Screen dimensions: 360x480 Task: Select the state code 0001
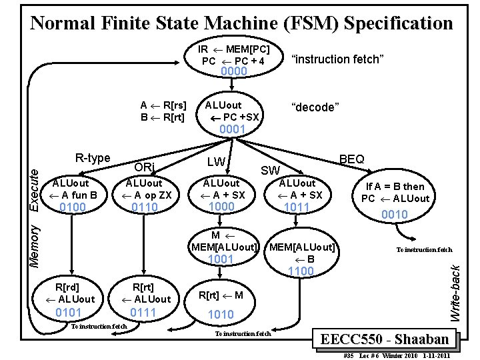pos(233,129)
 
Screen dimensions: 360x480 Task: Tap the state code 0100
pos(73,208)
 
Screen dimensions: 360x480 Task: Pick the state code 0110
pos(145,208)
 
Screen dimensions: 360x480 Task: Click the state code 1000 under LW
pos(221,207)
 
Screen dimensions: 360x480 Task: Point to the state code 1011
pos(297,208)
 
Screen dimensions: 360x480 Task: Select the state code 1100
pos(301,271)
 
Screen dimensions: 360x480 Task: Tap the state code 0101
pos(69,312)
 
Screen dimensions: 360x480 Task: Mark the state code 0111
pos(143,312)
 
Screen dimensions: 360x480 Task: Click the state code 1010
pos(221,314)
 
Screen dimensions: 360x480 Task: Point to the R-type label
pos(93,158)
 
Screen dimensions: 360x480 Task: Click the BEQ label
pos(351,159)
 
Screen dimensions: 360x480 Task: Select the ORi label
pos(145,166)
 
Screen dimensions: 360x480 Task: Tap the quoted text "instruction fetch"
pos(337,59)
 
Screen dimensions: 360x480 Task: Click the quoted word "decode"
pos(316,107)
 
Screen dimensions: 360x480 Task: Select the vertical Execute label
pos(37,191)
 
